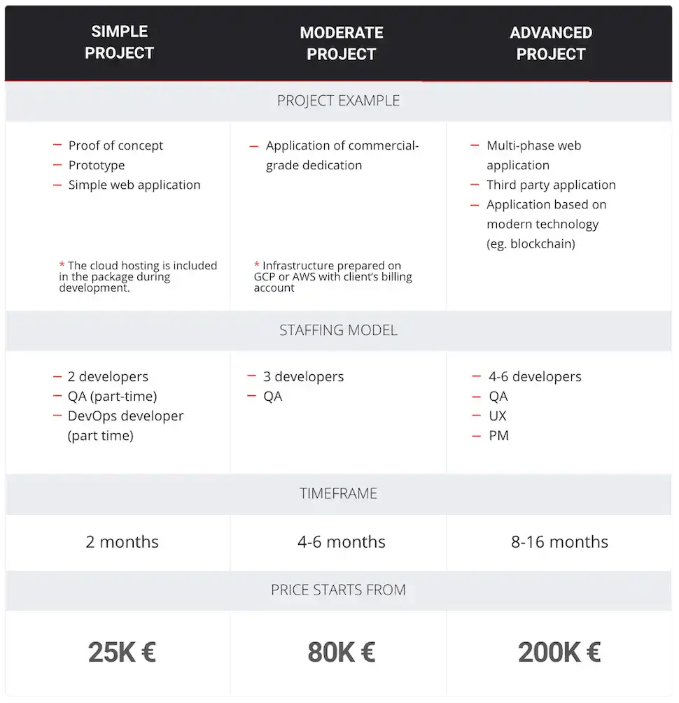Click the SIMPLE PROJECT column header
pyautogui.click(x=119, y=42)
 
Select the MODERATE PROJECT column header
pyautogui.click(x=342, y=43)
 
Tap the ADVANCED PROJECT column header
pyautogui.click(x=551, y=43)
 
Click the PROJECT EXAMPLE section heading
pyautogui.click(x=338, y=101)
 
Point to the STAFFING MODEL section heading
pyautogui.click(x=338, y=330)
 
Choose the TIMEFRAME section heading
pyautogui.click(x=338, y=494)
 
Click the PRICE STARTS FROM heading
pyautogui.click(x=338, y=590)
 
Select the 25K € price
pyautogui.click(x=122, y=653)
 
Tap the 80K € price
pyautogui.click(x=342, y=653)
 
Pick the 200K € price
pyautogui.click(x=559, y=653)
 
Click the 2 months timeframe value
pyautogui.click(x=122, y=542)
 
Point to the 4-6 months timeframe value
pyautogui.click(x=342, y=542)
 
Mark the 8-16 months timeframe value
pyautogui.click(x=559, y=542)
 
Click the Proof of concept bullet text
pyautogui.click(x=115, y=145)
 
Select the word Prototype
pyautogui.click(x=97, y=165)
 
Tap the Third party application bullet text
pyautogui.click(x=551, y=185)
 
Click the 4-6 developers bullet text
pyautogui.click(x=535, y=376)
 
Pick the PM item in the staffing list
pyautogui.click(x=498, y=435)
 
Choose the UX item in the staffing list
pyautogui.click(x=498, y=416)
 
